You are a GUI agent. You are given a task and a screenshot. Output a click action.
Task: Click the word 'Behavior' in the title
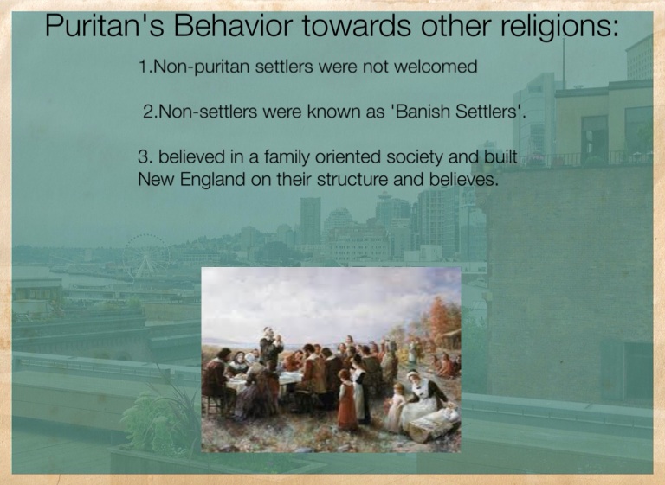pyautogui.click(x=232, y=25)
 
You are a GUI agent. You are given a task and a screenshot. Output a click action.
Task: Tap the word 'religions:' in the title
pyautogui.click(x=560, y=27)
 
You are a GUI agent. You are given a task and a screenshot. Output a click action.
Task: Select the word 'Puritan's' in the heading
pyautogui.click(x=104, y=25)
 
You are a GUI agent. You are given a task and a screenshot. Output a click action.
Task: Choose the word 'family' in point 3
pyautogui.click(x=287, y=157)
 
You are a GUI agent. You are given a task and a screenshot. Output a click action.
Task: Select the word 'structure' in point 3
pyautogui.click(x=352, y=180)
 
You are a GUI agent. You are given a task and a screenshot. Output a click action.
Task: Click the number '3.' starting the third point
pyautogui.click(x=145, y=157)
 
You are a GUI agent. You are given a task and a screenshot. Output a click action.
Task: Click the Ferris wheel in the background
pyautogui.click(x=145, y=256)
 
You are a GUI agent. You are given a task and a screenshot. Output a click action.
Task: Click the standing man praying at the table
pyautogui.click(x=270, y=348)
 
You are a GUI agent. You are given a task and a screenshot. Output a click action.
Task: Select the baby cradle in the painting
pyautogui.click(x=434, y=423)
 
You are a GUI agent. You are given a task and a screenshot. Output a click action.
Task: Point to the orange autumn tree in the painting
pyautogui.click(x=444, y=322)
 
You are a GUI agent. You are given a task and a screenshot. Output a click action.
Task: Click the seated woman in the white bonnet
pyautogui.click(x=423, y=396)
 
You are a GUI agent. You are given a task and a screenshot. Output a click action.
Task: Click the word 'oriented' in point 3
pyautogui.click(x=347, y=157)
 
